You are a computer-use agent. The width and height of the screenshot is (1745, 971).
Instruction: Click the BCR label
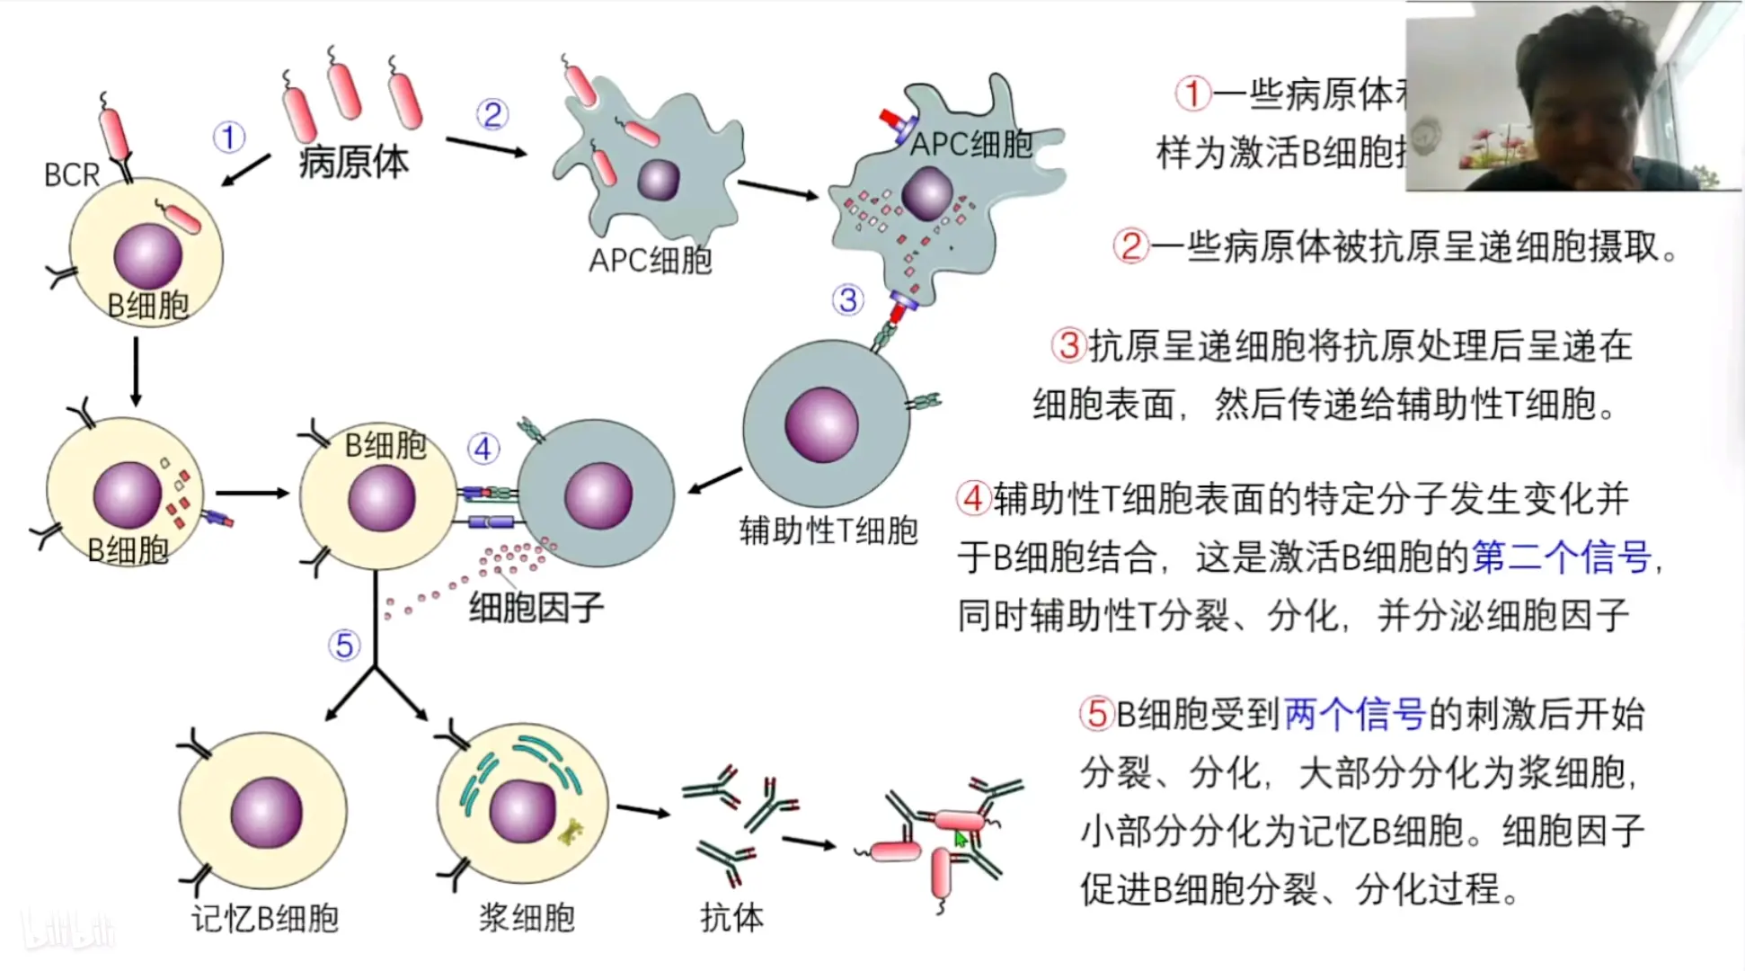(x=71, y=174)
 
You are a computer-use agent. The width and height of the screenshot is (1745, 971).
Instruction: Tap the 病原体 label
(x=353, y=162)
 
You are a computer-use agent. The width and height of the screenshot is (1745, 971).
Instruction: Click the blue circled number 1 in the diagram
(x=228, y=138)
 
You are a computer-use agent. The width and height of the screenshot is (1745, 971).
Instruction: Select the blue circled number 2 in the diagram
(x=492, y=114)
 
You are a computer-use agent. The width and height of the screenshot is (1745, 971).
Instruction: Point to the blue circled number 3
(x=847, y=299)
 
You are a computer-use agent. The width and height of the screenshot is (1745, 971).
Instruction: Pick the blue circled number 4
(x=483, y=448)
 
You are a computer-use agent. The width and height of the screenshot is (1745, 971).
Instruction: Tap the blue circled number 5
(x=343, y=645)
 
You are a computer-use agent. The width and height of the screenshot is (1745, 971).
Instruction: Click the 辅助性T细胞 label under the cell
(x=828, y=530)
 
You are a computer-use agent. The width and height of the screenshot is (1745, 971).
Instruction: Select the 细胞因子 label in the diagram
(x=536, y=609)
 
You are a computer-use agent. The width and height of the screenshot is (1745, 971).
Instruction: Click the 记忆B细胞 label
(x=264, y=918)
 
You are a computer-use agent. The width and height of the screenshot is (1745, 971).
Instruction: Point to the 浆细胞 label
(x=527, y=918)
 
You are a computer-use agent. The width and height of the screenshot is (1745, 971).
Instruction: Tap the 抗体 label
(x=731, y=918)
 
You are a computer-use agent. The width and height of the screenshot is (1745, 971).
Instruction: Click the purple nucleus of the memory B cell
(x=266, y=813)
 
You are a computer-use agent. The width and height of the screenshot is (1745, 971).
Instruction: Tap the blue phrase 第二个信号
(x=1562, y=557)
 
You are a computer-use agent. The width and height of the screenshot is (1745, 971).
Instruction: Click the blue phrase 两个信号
(x=1355, y=715)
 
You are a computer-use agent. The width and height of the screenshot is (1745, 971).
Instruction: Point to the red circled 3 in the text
(x=1068, y=345)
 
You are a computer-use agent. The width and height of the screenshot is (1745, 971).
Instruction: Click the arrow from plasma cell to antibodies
(x=643, y=812)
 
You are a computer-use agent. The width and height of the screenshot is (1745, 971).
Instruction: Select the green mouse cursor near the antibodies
(x=960, y=839)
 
